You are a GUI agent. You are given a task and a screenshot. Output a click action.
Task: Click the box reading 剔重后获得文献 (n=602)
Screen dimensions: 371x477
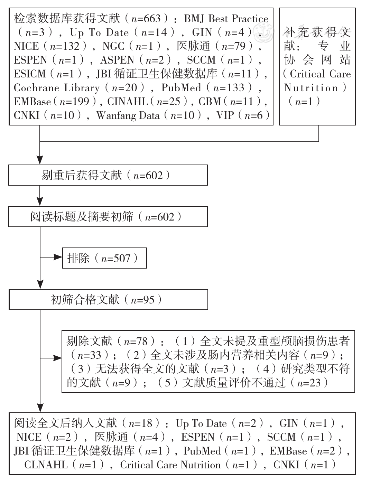click(108, 175)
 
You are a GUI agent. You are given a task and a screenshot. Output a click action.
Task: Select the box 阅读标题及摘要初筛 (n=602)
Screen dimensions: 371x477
click(108, 216)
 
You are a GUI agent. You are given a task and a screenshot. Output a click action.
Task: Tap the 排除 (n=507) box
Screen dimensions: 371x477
click(104, 258)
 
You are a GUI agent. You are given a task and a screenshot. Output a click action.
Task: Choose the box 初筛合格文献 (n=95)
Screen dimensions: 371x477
click(108, 299)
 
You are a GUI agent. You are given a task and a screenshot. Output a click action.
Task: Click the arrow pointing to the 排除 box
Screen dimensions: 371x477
click(51, 257)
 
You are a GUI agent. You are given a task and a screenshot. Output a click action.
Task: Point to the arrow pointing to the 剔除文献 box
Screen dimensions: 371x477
click(51, 358)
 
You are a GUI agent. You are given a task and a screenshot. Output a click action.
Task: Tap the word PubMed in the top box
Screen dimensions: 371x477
click(181, 88)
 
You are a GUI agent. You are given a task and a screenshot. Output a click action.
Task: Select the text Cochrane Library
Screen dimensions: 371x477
click(57, 88)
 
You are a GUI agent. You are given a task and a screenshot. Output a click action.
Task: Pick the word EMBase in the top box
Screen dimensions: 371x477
click(32, 102)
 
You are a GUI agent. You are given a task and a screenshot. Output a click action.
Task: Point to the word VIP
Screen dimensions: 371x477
click(225, 115)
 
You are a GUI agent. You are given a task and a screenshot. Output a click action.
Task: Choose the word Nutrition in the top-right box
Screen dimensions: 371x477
click(311, 88)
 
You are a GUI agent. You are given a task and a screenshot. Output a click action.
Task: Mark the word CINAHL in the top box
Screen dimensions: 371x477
click(128, 102)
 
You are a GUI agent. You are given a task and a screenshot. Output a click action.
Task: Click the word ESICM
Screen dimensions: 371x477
click(30, 74)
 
